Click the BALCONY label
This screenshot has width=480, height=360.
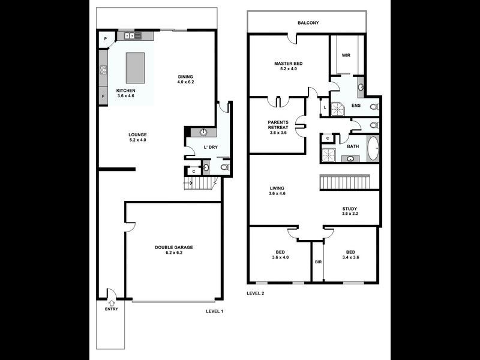pyautogui.click(x=308, y=23)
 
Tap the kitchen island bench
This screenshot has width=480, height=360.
pyautogui.click(x=135, y=68)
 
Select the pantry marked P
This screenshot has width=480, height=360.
pyautogui.click(x=106, y=40)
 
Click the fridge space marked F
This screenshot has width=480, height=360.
pyautogui.click(x=103, y=96)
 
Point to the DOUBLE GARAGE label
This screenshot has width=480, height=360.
pyautogui.click(x=173, y=247)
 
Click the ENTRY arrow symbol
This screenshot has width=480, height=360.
pyautogui.click(x=111, y=303)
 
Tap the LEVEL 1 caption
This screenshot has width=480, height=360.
pyautogui.click(x=214, y=311)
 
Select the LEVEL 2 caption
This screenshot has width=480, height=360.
pyautogui.click(x=256, y=293)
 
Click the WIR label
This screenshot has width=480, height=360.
pyautogui.click(x=346, y=56)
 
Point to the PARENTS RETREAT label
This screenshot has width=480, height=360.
pyautogui.click(x=278, y=125)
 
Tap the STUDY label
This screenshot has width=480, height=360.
pyautogui.click(x=350, y=208)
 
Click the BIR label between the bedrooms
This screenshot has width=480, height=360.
pyautogui.click(x=318, y=262)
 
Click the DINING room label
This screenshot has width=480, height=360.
pyautogui.click(x=185, y=76)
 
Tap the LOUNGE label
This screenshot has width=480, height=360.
pyautogui.click(x=137, y=134)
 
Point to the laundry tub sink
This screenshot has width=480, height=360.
pyautogui.click(x=204, y=133)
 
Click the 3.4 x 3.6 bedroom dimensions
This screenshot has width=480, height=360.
pyautogui.click(x=352, y=257)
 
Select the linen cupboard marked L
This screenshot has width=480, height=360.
pyautogui.click(x=325, y=107)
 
